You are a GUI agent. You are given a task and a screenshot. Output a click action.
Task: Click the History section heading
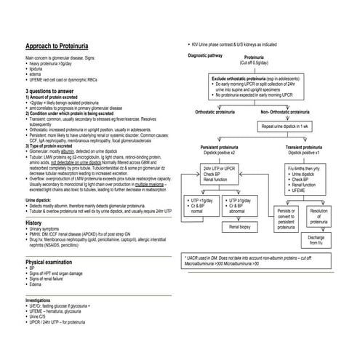[x=34, y=223]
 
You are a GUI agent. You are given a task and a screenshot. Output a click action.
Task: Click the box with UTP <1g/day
[x=199, y=205]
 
